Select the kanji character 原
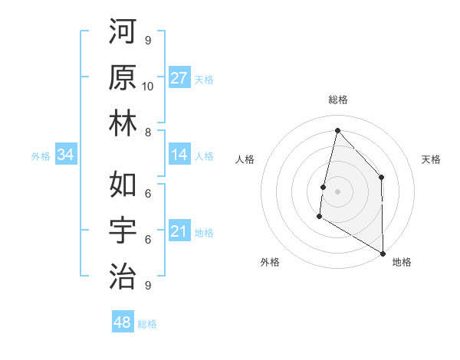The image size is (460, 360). pyautogui.click(x=123, y=77)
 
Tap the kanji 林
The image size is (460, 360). pyautogui.click(x=123, y=123)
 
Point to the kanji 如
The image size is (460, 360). pyautogui.click(x=123, y=185)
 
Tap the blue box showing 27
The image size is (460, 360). pyautogui.click(x=179, y=78)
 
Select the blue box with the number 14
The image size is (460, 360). pyautogui.click(x=179, y=155)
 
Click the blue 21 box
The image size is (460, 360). pyautogui.click(x=179, y=232)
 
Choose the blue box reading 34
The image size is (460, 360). pyautogui.click(x=65, y=155)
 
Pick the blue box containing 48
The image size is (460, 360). pyautogui.click(x=123, y=322)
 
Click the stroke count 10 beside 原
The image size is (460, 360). pyautogui.click(x=148, y=86)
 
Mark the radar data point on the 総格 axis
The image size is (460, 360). pyautogui.click(x=337, y=130)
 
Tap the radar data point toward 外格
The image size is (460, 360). pyautogui.click(x=319, y=218)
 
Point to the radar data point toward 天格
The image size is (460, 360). pyautogui.click(x=381, y=178)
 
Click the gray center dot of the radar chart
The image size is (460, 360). pyautogui.click(x=337, y=191)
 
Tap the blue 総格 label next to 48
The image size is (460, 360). pyautogui.click(x=147, y=324)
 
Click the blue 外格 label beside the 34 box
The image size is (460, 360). pyautogui.click(x=41, y=156)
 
